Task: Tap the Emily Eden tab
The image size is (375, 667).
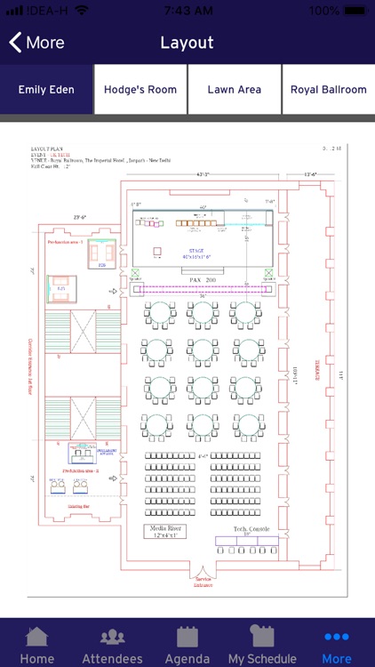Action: coord(46,90)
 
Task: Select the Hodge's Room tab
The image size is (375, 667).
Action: coord(140,90)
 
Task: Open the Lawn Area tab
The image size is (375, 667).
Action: coord(234,90)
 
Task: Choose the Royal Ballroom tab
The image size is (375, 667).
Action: coord(328,90)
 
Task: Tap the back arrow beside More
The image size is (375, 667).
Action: coord(15,43)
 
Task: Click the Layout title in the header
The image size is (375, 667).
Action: coord(187,43)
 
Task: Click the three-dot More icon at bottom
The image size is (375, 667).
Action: coord(337,637)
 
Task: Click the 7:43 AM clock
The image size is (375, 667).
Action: coord(187,10)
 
